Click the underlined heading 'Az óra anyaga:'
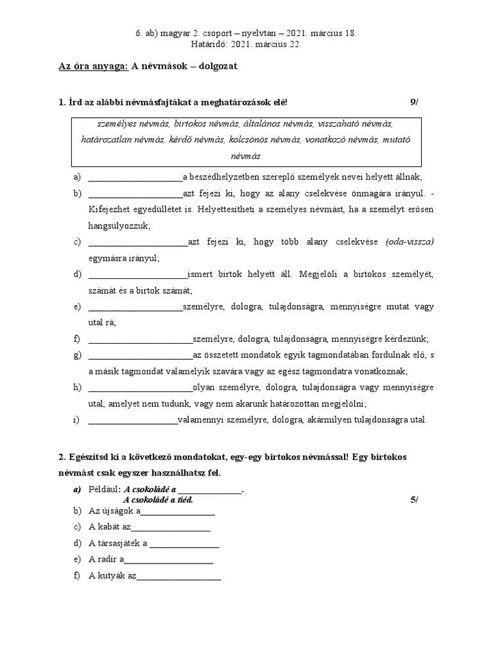tap(93, 67)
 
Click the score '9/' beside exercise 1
tap(413, 102)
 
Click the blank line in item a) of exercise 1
tap(135, 178)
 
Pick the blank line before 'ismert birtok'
tap(137, 274)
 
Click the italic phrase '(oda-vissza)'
tap(410, 242)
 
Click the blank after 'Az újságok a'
tap(178, 512)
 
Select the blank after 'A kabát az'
tap(171, 528)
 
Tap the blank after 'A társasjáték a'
tap(184, 544)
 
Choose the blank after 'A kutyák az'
tap(179, 576)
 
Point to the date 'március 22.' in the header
tap(277, 44)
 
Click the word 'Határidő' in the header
tap(209, 44)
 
